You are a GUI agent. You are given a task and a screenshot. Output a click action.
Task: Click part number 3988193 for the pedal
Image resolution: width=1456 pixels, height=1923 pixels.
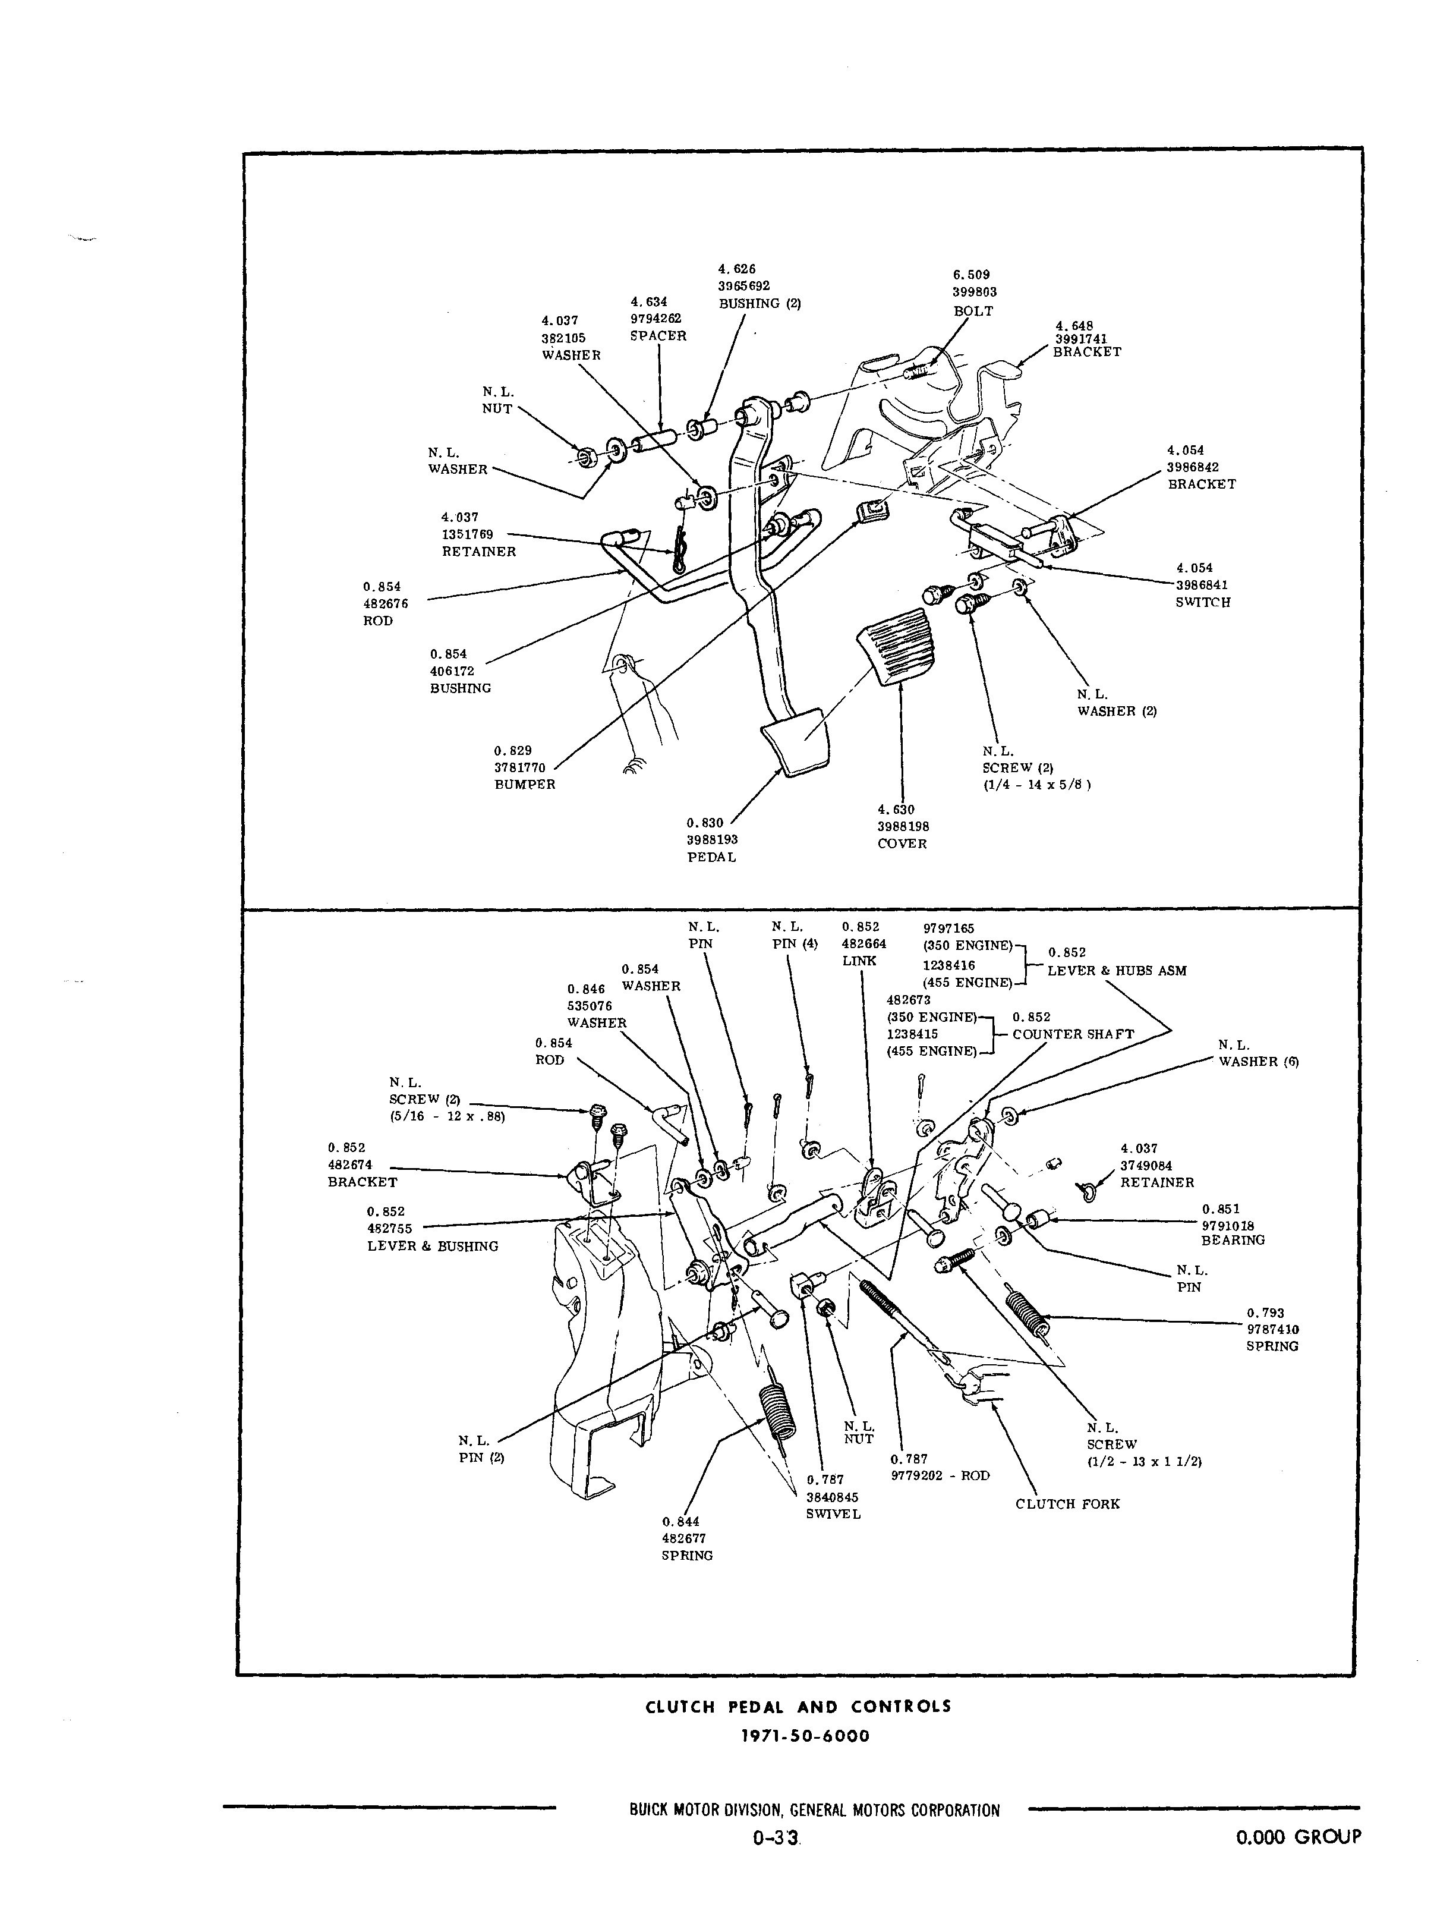coord(712,840)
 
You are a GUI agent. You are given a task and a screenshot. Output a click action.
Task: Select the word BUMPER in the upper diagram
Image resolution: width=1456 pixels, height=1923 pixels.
coord(524,784)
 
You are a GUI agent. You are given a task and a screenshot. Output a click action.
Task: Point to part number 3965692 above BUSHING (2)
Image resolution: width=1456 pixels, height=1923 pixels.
coord(744,286)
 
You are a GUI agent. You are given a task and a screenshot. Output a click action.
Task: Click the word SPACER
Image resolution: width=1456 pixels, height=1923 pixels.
coord(658,336)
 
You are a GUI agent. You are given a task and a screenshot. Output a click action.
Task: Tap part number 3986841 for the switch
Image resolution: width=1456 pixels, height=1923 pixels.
coord(1202,585)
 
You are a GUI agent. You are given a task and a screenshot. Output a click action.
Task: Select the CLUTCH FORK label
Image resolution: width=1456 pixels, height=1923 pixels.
coord(1067,1504)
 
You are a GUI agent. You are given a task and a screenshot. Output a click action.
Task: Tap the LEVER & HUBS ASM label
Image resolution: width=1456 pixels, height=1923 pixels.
coord(1116,970)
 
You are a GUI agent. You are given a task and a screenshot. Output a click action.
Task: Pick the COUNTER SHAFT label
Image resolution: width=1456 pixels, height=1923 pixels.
coord(1073,1034)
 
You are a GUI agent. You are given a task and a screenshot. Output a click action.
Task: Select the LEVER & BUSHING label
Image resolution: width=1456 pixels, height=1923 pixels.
coord(432,1246)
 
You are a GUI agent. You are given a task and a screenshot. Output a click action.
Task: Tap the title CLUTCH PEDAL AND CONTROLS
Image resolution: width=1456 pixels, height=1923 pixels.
coord(798,1707)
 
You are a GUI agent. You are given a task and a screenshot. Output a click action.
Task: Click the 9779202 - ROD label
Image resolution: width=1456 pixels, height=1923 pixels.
coord(940,1475)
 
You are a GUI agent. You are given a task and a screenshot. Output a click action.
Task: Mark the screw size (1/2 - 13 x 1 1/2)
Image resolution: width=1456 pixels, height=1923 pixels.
coord(1144,1461)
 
